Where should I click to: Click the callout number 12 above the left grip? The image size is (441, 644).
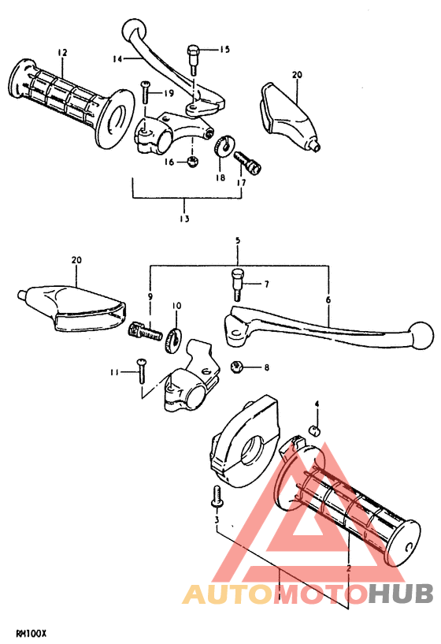click(62, 52)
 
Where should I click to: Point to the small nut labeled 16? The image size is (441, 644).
click(192, 162)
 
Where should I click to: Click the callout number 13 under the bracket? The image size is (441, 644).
click(184, 218)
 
